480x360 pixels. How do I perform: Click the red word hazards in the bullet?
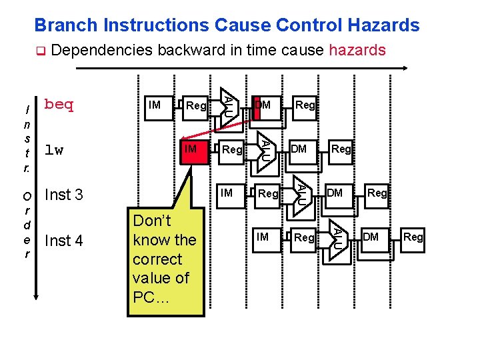(x=357, y=50)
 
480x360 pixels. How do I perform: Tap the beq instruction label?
(x=59, y=105)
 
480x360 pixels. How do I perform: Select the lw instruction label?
(x=53, y=150)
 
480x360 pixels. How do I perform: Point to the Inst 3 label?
(x=63, y=195)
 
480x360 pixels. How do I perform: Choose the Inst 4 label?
(x=63, y=241)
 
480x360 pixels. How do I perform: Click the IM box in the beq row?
(x=154, y=105)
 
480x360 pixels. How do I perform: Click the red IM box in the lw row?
(x=191, y=149)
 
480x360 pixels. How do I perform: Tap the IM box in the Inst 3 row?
(x=227, y=193)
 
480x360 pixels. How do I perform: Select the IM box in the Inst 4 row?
(x=263, y=237)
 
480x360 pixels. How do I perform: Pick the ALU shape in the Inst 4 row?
(x=337, y=237)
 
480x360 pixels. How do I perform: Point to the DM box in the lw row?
(x=299, y=149)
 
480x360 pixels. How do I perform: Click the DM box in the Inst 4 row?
(x=371, y=237)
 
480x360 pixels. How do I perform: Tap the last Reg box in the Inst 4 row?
(x=413, y=237)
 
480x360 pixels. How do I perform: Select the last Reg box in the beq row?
(x=305, y=105)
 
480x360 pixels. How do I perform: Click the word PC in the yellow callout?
(x=144, y=297)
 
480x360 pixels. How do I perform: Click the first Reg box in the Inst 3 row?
(x=268, y=193)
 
